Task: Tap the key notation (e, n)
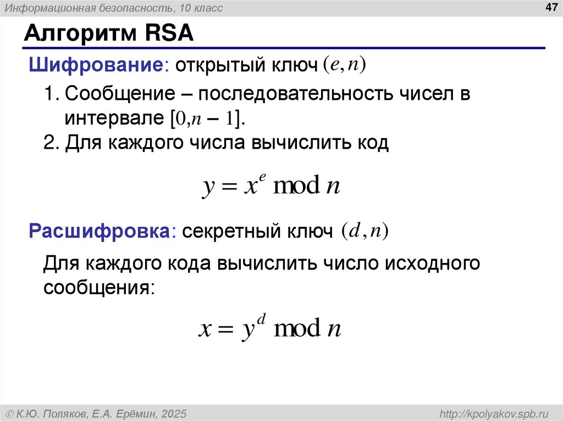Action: tap(344, 65)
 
